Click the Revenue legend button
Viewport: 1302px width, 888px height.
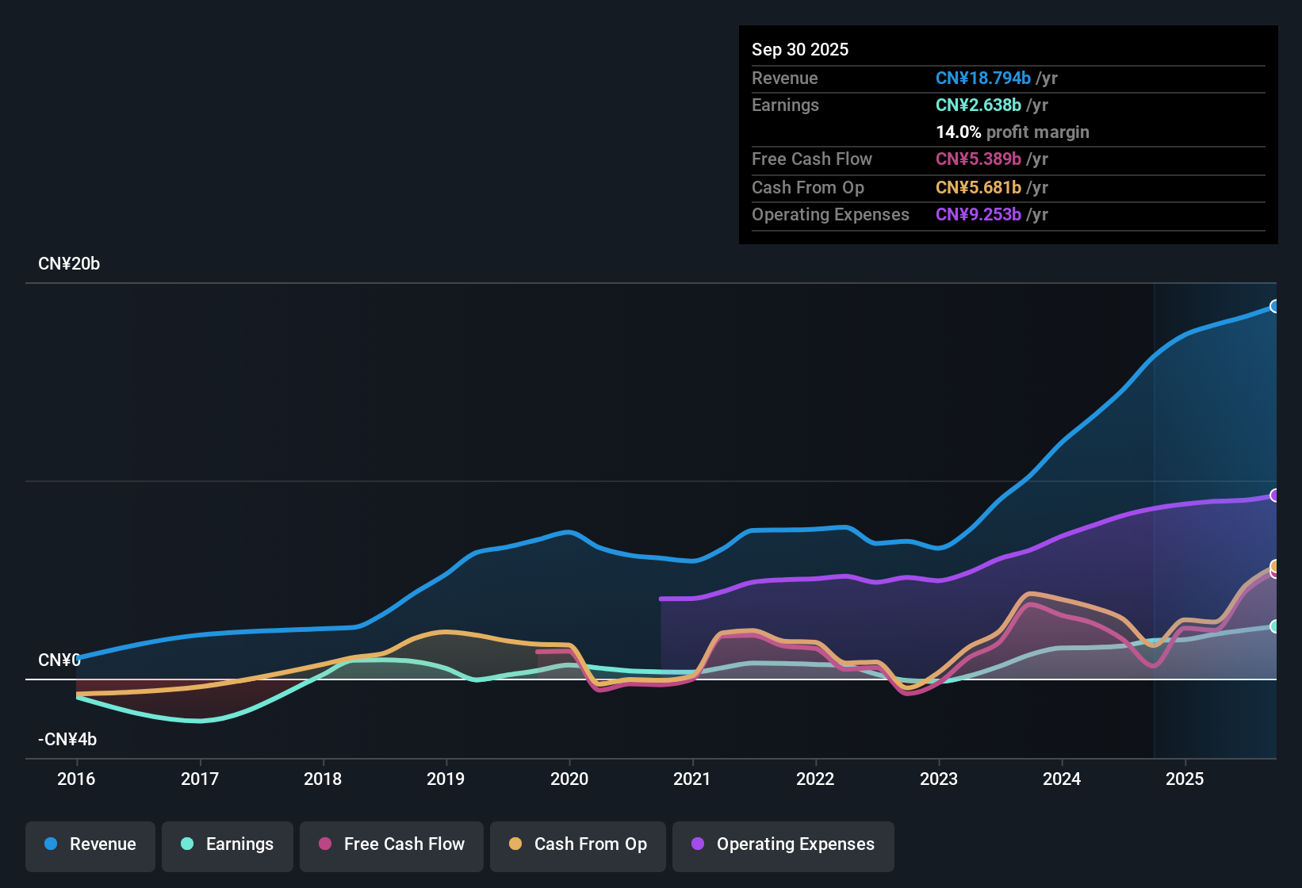(90, 844)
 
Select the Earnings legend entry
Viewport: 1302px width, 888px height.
(228, 844)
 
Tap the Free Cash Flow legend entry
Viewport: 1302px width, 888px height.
(392, 844)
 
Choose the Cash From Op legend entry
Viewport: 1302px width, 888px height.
(578, 844)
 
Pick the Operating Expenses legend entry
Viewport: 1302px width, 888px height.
(783, 844)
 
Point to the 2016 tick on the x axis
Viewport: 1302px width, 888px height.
(76, 779)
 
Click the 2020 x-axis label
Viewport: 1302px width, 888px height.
(569, 779)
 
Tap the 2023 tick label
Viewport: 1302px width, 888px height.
(939, 779)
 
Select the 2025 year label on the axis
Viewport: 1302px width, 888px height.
(1185, 779)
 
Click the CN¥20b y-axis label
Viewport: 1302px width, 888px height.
(69, 264)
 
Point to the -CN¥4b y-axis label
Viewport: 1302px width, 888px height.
(67, 740)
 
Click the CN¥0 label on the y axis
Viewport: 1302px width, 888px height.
(59, 660)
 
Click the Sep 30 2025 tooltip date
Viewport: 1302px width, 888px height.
(800, 50)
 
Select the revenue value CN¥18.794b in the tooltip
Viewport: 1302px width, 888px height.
(983, 78)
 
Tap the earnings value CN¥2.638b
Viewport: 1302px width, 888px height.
(978, 105)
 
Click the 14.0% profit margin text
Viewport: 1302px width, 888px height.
(1013, 132)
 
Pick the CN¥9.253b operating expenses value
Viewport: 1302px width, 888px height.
(978, 215)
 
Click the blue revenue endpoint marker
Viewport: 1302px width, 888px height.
(1274, 306)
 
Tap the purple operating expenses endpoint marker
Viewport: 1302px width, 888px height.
(1274, 496)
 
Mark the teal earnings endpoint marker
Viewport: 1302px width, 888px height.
(1274, 626)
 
